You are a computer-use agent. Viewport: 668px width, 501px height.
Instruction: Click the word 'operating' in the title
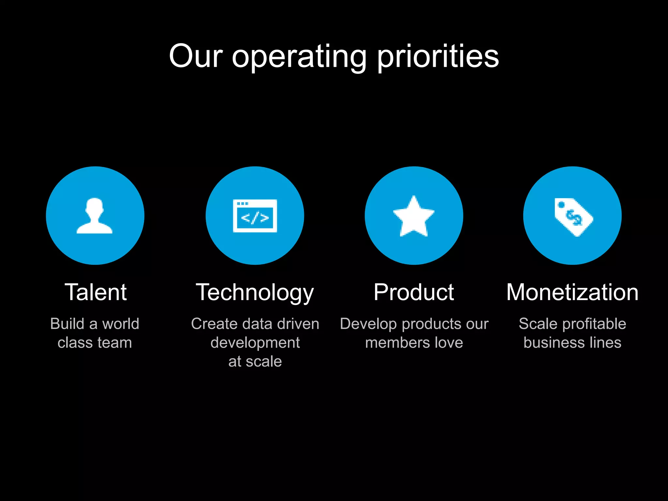(x=299, y=57)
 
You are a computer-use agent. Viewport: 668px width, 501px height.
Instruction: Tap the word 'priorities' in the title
(x=438, y=57)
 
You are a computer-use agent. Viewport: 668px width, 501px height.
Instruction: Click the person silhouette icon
(x=95, y=216)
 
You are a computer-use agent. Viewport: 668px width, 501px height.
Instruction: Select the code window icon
(x=255, y=216)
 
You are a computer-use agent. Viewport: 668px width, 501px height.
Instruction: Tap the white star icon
(x=414, y=216)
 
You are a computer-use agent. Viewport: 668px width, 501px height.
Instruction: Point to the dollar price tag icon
(x=573, y=217)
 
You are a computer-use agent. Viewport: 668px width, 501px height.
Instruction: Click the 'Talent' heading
(x=96, y=292)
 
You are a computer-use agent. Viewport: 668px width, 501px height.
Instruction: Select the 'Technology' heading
(x=255, y=293)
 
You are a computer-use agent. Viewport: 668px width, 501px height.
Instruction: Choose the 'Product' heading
(x=414, y=292)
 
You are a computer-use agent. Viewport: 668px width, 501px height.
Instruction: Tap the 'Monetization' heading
(x=572, y=292)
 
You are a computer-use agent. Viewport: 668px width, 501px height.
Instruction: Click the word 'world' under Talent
(x=121, y=324)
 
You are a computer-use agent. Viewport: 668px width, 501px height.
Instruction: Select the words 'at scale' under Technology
(x=255, y=362)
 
